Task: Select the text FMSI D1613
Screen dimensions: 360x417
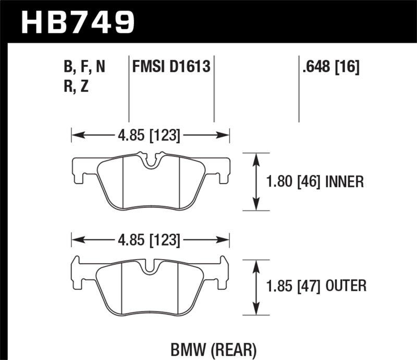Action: click(171, 67)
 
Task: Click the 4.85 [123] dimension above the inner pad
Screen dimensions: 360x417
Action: click(150, 136)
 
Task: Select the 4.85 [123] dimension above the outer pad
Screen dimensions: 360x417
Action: click(150, 241)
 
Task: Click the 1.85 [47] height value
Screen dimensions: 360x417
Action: click(295, 285)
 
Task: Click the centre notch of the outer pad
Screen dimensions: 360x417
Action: click(150, 266)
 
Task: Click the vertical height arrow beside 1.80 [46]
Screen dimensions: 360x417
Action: click(256, 182)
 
